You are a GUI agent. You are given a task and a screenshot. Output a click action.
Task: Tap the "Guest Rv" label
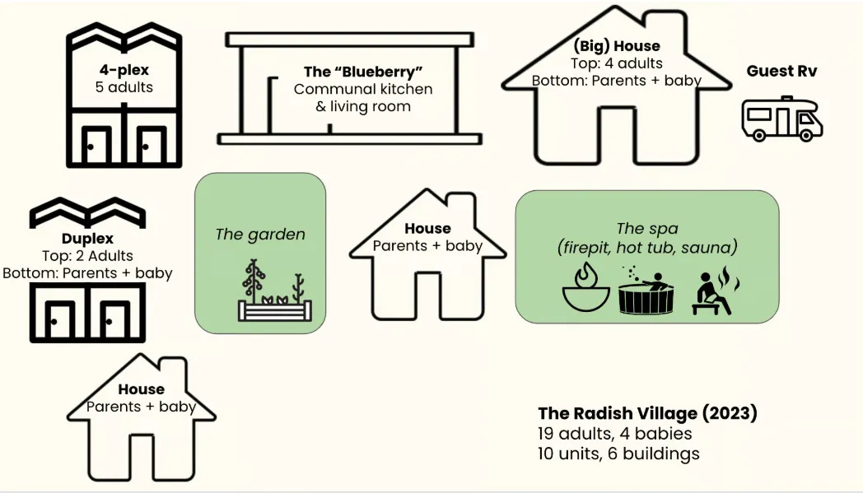(781, 71)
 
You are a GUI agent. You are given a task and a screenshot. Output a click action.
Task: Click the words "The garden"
(260, 234)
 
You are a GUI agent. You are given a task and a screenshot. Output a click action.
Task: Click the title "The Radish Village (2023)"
(647, 413)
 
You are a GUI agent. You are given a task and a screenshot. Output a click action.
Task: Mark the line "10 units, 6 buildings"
(618, 453)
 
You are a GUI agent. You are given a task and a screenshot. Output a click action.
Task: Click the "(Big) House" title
(616, 46)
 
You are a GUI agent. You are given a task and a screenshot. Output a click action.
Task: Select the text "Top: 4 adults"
(616, 63)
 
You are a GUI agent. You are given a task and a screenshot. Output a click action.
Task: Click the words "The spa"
(646, 228)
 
